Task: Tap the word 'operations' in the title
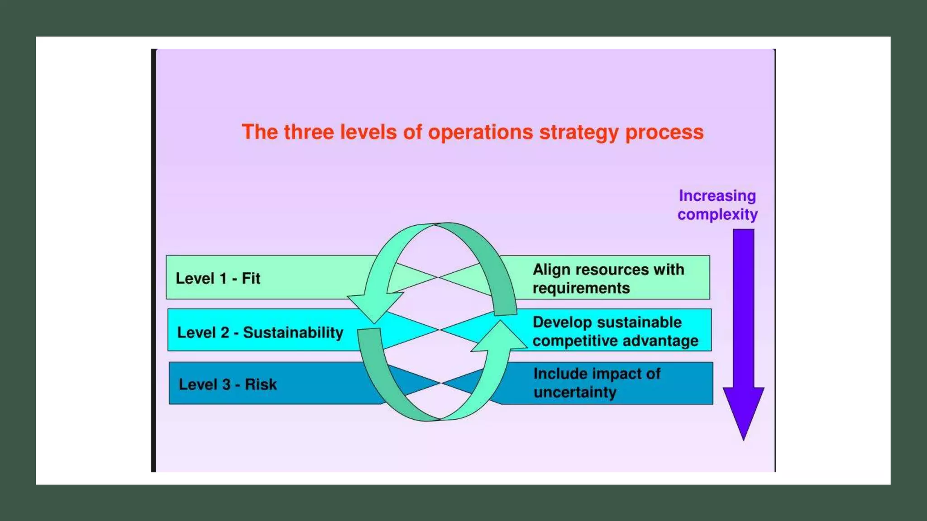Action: coord(480,133)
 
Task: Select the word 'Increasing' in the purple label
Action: coord(717,196)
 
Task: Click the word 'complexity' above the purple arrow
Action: coord(717,214)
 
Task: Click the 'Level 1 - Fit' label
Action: coord(218,278)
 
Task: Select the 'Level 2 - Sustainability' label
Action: coord(260,332)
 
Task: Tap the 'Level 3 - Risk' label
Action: coord(227,384)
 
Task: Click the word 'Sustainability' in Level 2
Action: coord(293,332)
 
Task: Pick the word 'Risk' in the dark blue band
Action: coord(260,384)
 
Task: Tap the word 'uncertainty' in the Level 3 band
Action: coord(574,392)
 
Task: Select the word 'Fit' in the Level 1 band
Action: coord(251,278)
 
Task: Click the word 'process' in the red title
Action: coord(664,133)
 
